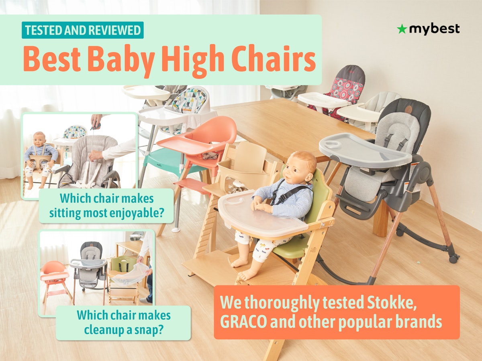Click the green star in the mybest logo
(402, 29)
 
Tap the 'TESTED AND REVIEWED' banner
(83, 30)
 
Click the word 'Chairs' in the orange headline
(274, 58)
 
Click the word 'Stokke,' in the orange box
(391, 302)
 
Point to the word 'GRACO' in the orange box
(243, 322)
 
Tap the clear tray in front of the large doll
(261, 213)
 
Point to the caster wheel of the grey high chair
(453, 259)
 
